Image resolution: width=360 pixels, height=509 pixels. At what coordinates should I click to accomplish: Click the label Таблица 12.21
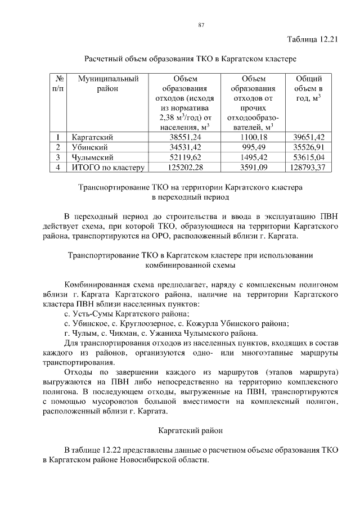click(312, 40)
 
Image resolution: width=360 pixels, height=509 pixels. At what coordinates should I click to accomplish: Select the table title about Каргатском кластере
click(190, 58)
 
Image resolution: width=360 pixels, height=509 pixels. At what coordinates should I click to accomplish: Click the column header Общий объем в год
click(309, 89)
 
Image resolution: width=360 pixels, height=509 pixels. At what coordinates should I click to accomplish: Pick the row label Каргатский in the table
click(93, 137)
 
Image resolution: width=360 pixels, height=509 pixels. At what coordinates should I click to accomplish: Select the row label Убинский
click(89, 147)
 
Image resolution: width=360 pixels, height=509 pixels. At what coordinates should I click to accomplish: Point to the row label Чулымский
click(92, 157)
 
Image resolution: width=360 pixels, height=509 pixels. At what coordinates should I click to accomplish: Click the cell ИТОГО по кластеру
click(108, 168)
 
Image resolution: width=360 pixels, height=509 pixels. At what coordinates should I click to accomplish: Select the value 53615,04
click(309, 157)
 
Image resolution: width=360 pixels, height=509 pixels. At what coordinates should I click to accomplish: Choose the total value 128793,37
click(309, 168)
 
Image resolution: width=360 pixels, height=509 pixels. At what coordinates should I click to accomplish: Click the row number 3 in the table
click(58, 157)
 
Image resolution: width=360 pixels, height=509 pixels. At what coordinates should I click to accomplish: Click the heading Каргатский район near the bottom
click(190, 431)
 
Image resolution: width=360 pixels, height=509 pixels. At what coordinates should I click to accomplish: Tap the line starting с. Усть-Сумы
click(127, 313)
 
